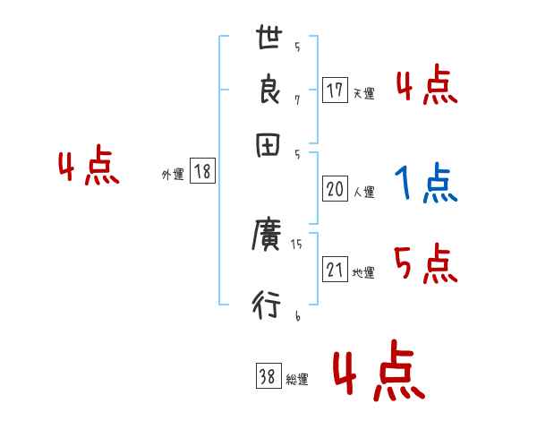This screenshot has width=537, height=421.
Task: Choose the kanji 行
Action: coord(268,307)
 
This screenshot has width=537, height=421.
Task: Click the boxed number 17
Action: coord(335,90)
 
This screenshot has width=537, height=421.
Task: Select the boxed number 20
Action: coord(335,189)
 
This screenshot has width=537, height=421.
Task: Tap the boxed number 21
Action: coord(335,271)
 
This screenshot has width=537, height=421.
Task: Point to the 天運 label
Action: coord(363,92)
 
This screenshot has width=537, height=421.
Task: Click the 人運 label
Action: coord(363,191)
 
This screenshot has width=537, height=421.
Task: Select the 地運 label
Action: coord(363,272)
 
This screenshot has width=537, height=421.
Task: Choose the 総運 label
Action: coord(297,379)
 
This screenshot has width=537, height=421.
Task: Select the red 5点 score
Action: coord(426,264)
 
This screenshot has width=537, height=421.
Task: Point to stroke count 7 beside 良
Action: coord(296,99)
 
